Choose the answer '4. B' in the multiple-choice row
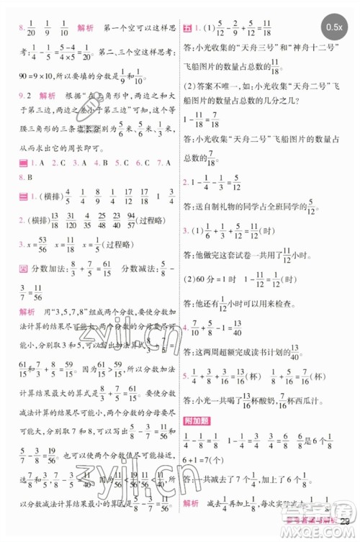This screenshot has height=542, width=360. click(85, 163)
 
